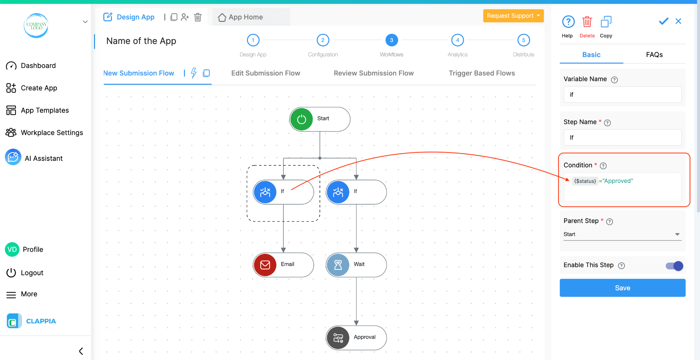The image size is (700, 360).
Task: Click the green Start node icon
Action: (301, 119)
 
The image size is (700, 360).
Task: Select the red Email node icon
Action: (265, 265)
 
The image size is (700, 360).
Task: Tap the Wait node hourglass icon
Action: (338, 265)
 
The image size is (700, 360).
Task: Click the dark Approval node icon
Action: (338, 338)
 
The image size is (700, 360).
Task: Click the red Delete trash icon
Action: (587, 22)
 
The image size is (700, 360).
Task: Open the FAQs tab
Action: (654, 55)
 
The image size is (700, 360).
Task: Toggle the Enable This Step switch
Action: (674, 266)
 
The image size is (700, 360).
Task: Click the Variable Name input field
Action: (622, 95)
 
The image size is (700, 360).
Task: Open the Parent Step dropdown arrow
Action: (677, 234)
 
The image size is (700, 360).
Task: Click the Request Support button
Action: (513, 16)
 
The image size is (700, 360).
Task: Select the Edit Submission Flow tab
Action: (266, 73)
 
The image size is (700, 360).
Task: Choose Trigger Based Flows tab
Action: (482, 73)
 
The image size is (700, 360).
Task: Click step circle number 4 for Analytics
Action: (457, 40)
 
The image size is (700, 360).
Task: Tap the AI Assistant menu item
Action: (43, 158)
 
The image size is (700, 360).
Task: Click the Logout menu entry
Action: (32, 273)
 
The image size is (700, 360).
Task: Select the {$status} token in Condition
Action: (585, 181)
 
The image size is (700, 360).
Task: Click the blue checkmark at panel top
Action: (663, 21)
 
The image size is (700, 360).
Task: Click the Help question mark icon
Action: (568, 22)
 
